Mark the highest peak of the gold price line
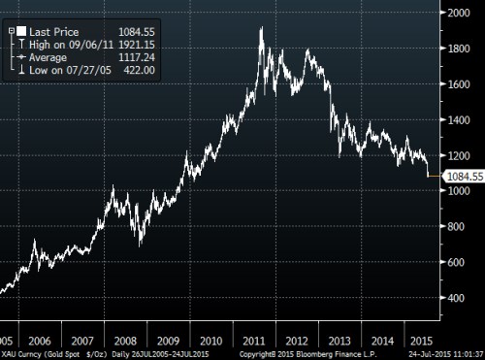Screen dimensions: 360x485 [261, 28]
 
